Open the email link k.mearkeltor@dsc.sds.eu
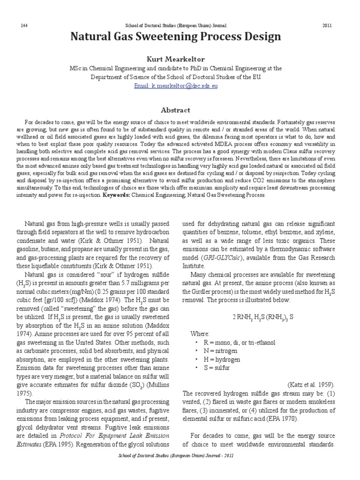click(175, 86)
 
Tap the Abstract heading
click(175, 110)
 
